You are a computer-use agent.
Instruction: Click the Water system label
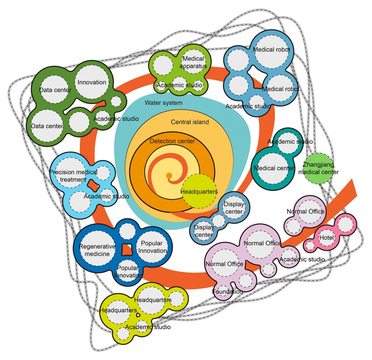click(164, 103)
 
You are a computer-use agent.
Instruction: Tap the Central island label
click(190, 122)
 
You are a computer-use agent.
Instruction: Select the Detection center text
click(172, 141)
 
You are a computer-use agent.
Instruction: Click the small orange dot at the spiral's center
click(169, 176)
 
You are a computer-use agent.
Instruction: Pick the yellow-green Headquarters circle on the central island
click(199, 191)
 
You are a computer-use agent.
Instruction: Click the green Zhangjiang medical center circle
click(319, 168)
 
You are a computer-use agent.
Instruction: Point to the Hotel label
click(326, 237)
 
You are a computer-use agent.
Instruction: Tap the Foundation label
click(227, 291)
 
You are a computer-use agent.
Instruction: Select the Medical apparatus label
click(193, 62)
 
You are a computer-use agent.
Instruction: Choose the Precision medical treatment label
click(73, 176)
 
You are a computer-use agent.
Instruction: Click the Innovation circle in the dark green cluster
click(92, 82)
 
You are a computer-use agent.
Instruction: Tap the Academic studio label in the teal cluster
click(290, 142)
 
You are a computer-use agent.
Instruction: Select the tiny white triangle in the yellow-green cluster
click(138, 315)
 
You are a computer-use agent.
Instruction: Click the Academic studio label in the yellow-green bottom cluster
click(148, 327)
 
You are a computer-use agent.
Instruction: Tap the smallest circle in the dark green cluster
click(116, 101)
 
